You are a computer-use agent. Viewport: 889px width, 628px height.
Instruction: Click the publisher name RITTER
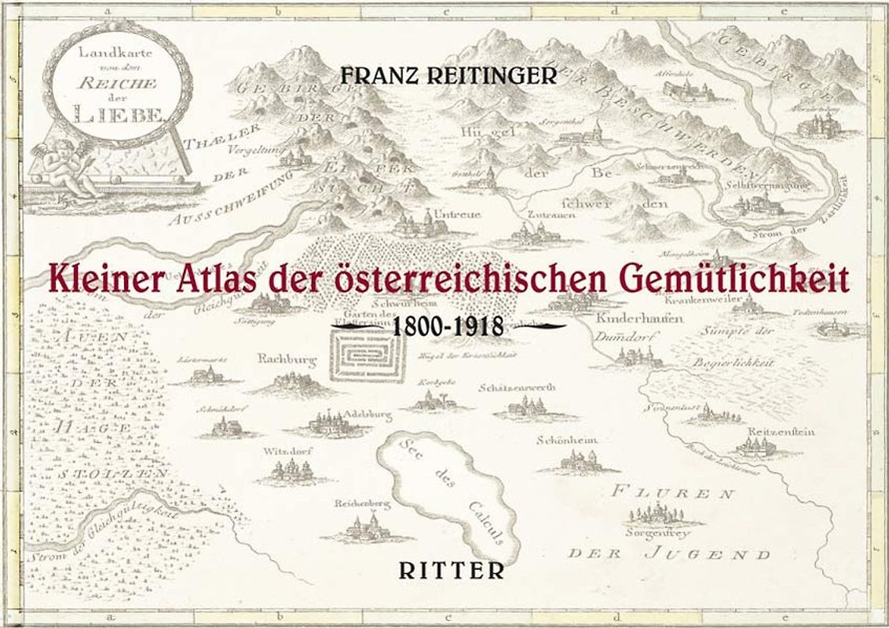coord(451,571)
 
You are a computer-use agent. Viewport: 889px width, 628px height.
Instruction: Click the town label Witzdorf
coord(284,451)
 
